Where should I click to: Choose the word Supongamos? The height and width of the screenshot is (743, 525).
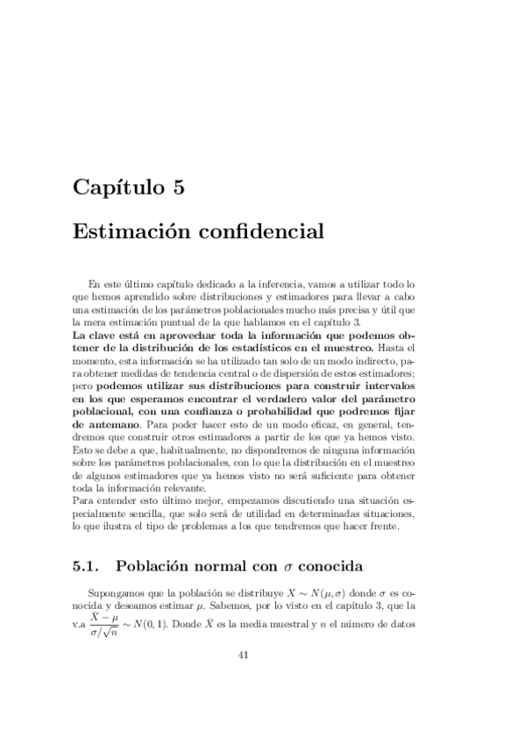coord(122,592)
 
